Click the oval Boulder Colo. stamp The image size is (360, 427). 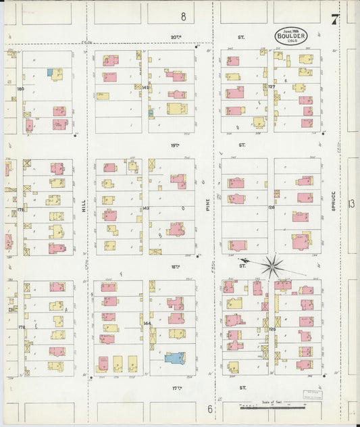click(x=292, y=36)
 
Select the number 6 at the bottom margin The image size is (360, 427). click(x=209, y=409)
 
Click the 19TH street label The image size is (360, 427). click(x=176, y=145)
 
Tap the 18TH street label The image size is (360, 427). click(x=176, y=267)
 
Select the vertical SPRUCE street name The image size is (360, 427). click(x=334, y=206)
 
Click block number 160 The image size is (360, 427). click(x=20, y=89)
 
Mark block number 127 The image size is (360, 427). click(x=272, y=87)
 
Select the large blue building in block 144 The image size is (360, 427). click(x=175, y=357)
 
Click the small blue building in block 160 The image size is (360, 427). click(x=49, y=71)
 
